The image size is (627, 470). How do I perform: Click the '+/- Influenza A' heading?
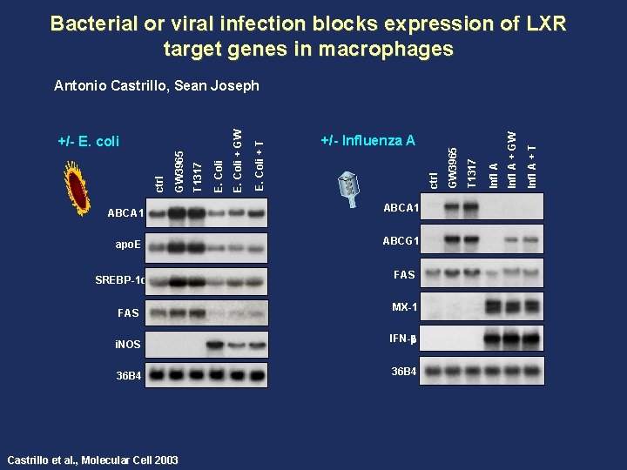367,140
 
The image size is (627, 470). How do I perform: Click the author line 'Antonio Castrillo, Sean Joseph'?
157,85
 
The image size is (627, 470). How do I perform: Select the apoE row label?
128,246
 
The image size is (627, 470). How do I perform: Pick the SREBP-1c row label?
119,279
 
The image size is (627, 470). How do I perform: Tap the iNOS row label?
128,345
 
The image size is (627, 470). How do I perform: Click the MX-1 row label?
405,306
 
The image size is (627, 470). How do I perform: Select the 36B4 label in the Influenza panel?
405,372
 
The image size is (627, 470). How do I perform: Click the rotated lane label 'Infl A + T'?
531,155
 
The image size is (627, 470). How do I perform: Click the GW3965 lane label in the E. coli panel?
179,171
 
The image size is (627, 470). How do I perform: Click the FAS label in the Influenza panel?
405,274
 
